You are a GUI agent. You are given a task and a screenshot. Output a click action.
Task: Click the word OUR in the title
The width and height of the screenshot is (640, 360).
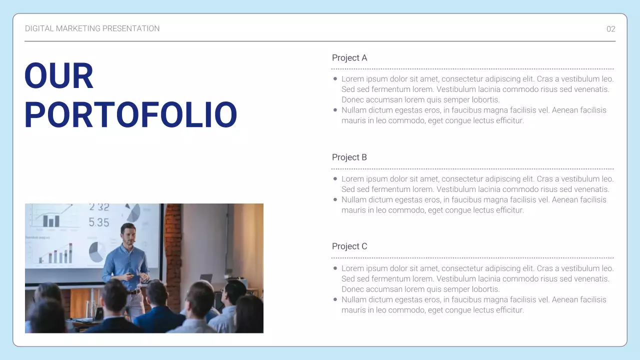coord(59,76)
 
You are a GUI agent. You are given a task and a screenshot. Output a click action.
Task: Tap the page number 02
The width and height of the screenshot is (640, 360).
coord(610,29)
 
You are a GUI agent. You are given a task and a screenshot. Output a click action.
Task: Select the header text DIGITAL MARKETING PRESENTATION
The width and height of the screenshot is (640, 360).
coord(92,28)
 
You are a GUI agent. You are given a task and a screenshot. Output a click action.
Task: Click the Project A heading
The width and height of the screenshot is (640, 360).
coord(349,58)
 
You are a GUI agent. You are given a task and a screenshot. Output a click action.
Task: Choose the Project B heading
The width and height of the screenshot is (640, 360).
coord(349,157)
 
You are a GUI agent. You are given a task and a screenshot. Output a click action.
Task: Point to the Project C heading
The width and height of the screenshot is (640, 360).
coord(349,246)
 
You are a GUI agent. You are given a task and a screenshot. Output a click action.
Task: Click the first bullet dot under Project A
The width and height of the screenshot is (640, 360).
coord(335,79)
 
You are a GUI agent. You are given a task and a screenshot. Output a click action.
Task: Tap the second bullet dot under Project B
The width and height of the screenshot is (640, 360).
coord(335,199)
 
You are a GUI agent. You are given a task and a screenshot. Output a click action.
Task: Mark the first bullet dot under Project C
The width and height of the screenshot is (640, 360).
coord(335,268)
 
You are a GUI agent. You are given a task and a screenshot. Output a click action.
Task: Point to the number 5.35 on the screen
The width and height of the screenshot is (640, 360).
coord(98,222)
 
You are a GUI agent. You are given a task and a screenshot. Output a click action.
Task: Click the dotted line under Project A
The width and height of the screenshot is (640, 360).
coord(472,69)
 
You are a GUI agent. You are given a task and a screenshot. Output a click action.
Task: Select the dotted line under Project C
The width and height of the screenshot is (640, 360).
coord(472,258)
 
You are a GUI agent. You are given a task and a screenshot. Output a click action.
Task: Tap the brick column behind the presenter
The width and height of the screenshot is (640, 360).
coord(173,250)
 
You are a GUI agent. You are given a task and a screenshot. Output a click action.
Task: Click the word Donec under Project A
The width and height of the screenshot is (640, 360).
coord(353,100)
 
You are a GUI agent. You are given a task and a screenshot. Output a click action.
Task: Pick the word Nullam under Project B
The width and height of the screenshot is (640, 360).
coord(354,200)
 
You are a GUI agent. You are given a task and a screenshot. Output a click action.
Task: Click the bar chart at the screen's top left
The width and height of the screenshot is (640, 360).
coord(51,219)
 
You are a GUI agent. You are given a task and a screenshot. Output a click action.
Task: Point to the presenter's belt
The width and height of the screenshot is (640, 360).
coord(134,291)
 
